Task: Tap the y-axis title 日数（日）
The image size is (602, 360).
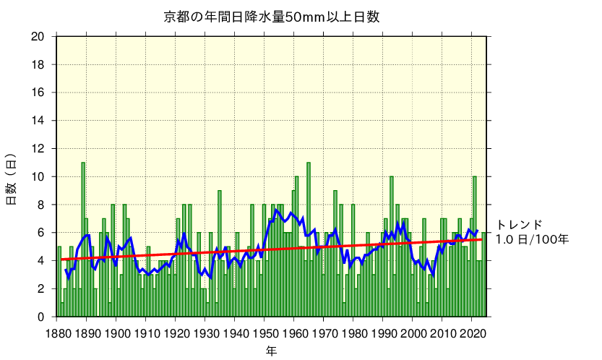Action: point(12,179)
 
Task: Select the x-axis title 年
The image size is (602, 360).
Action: point(271,351)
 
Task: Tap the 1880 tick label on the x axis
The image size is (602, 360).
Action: point(57,333)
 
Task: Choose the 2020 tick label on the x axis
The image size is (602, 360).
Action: point(472,333)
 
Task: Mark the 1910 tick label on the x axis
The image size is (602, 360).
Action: point(146,333)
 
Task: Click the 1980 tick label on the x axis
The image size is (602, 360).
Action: point(353,333)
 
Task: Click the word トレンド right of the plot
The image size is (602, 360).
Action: point(519,225)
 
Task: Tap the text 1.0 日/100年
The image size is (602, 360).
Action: point(531,239)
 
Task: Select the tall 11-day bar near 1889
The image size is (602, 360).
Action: point(83,239)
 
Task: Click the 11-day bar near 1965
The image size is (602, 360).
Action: point(309,239)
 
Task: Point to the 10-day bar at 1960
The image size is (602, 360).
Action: point(296,246)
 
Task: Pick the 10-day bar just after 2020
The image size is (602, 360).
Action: point(475,246)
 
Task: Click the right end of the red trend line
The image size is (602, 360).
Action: point(481,239)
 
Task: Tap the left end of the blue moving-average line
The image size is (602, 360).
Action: point(66,270)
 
